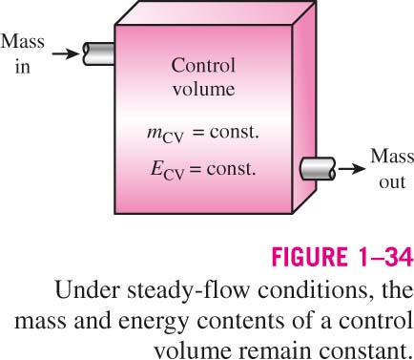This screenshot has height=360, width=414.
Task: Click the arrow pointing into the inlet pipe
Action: (x=65, y=54)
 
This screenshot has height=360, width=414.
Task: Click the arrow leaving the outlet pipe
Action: (x=352, y=168)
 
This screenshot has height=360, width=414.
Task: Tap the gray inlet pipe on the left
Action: (x=98, y=54)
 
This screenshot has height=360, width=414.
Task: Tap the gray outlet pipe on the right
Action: (x=318, y=168)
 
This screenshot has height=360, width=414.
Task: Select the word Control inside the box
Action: (x=203, y=66)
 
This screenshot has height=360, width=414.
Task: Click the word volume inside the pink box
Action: (x=204, y=89)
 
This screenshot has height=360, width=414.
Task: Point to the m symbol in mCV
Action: (x=155, y=132)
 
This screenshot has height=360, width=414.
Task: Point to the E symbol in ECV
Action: (x=156, y=168)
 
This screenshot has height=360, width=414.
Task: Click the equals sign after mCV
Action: (x=198, y=133)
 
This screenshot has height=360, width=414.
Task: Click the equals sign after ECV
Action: (x=196, y=169)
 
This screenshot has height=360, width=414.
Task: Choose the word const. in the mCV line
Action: (x=234, y=132)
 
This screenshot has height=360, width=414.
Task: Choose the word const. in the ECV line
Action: (x=232, y=168)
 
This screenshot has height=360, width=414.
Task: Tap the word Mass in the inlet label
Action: (x=22, y=41)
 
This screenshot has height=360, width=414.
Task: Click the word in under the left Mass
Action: (x=23, y=67)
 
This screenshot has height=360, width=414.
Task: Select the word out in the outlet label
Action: (x=392, y=182)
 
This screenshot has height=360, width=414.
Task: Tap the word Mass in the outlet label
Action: (x=392, y=157)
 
